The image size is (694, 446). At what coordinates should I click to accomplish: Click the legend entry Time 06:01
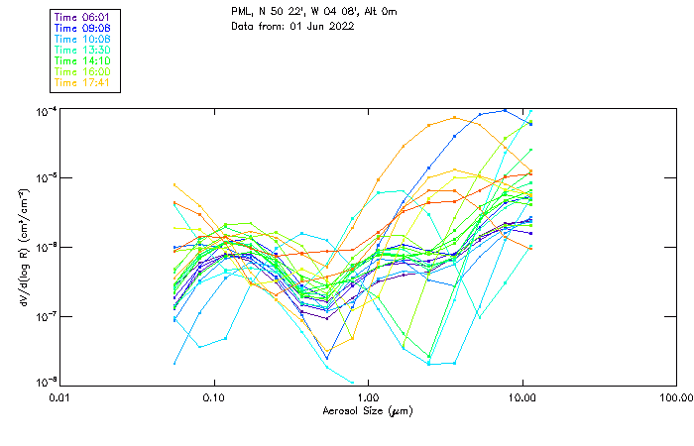point(83,17)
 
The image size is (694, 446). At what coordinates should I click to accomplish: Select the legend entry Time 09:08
point(83,28)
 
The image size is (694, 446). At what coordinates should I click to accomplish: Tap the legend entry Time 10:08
point(83,39)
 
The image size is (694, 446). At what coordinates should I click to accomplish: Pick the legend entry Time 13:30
point(83,50)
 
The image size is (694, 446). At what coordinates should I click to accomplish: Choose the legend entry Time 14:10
point(83,60)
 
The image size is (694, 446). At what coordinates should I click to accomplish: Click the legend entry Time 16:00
point(83,71)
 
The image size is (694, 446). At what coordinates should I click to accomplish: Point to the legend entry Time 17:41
point(83,82)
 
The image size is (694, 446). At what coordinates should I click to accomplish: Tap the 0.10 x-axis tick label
point(213,396)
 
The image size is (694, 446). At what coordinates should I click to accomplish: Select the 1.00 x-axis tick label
point(368,396)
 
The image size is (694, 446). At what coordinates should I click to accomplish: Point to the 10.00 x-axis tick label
point(521,396)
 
